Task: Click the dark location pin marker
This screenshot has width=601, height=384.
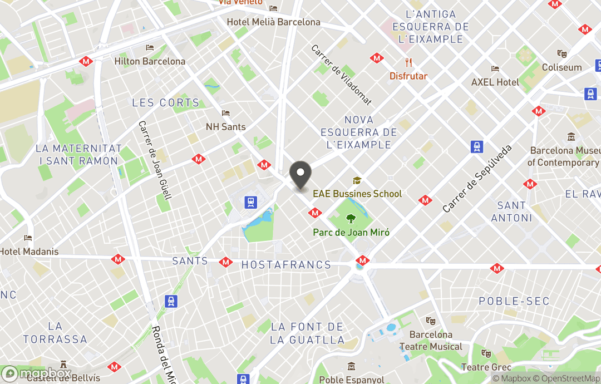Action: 300,174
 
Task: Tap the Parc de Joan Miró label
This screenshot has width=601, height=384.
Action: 351,233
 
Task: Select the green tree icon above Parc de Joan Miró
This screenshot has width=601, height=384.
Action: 351,219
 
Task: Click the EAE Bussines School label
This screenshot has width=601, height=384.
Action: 357,194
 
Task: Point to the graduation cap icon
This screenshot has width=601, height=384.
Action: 357,181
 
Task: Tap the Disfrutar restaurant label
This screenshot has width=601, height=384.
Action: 408,76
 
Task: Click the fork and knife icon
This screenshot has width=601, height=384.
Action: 408,62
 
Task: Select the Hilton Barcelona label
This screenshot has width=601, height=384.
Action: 150,61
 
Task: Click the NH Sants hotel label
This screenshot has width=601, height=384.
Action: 225,127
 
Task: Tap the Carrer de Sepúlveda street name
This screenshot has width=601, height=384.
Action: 477,179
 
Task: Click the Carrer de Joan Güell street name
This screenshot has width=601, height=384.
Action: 155,160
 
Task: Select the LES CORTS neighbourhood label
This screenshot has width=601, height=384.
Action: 165,103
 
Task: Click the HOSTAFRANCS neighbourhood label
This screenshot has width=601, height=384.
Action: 286,265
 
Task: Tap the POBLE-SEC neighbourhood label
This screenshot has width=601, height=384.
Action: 514,301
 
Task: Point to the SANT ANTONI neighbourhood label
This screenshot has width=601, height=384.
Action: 511,211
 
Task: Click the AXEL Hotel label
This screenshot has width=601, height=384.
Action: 495,82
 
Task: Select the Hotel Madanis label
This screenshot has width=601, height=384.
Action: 29,252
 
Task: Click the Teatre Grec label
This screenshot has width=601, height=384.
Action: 486,367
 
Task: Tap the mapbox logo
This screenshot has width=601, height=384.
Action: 37,373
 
